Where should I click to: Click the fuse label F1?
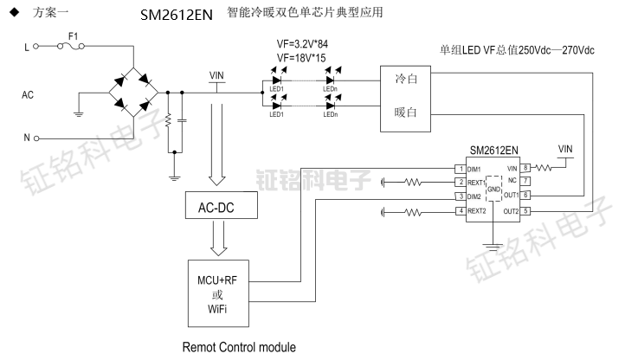pyautogui.click(x=72, y=38)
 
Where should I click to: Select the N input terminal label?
pyautogui.click(x=26, y=138)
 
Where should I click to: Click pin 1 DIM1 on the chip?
pyautogui.click(x=461, y=168)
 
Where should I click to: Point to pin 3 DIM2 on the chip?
pyautogui.click(x=461, y=197)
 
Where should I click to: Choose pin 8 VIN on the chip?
pyautogui.click(x=525, y=168)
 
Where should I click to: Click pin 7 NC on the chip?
pyautogui.click(x=525, y=182)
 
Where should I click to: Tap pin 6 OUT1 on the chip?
pyautogui.click(x=525, y=196)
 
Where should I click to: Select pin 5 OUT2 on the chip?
pyautogui.click(x=525, y=211)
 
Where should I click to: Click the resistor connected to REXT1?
pyautogui.click(x=414, y=183)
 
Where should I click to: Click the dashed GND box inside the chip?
pyautogui.click(x=493, y=190)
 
